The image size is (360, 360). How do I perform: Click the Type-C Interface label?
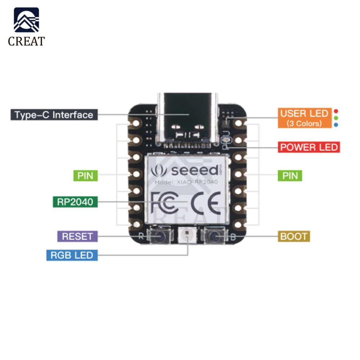pyautogui.click(x=54, y=115)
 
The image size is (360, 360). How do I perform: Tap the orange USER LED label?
pyautogui.click(x=304, y=118)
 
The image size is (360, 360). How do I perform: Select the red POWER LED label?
pyautogui.click(x=309, y=147)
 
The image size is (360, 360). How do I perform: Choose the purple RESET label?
pyautogui.click(x=77, y=237)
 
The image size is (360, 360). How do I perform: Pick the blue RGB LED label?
pyautogui.click(x=72, y=255)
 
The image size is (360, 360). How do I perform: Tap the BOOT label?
pyautogui.click(x=294, y=237)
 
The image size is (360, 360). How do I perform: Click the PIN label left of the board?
pyautogui.click(x=85, y=176)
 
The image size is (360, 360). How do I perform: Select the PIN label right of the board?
pyautogui.click(x=290, y=176)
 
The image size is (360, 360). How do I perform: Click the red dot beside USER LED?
pyautogui.click(x=336, y=111)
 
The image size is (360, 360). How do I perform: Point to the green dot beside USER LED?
pyautogui.click(x=336, y=118)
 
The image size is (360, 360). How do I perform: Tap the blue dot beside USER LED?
pyautogui.click(x=336, y=125)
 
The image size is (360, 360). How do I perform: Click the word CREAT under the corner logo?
pyautogui.click(x=26, y=41)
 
